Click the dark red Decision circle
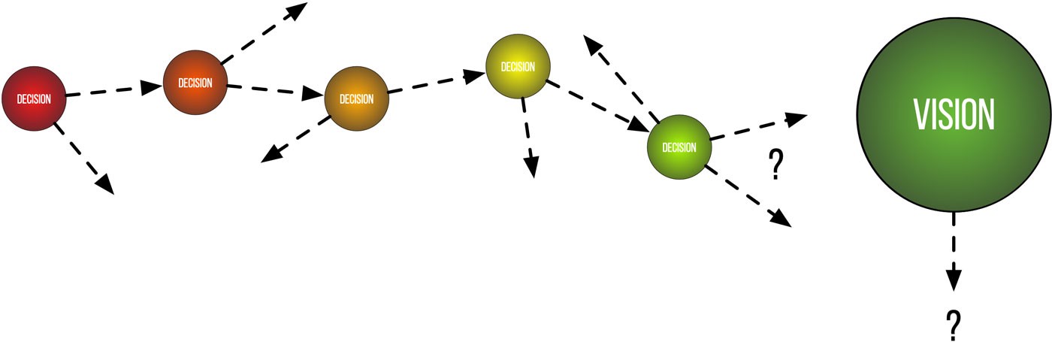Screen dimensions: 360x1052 [34, 98]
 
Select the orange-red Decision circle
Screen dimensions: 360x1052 [195, 83]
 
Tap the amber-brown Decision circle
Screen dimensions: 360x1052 [356, 98]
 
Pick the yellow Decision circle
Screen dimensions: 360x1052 [518, 67]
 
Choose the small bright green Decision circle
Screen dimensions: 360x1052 [679, 147]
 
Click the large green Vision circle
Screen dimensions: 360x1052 [954, 114]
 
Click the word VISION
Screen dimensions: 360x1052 [954, 114]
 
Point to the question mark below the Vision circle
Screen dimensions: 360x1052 [954, 326]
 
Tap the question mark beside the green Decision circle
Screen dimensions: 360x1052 [775, 165]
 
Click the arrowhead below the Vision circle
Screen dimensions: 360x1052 [954, 281]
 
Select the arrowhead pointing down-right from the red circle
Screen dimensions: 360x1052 [104, 184]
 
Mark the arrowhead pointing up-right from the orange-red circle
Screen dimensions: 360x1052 [298, 11]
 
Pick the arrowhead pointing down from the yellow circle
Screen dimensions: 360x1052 [531, 167]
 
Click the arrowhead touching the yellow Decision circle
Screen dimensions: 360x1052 [475, 75]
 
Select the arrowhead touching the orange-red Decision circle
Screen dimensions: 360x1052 [153, 86]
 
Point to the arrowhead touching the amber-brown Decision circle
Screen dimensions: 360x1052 [313, 95]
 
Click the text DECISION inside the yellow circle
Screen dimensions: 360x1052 [518, 67]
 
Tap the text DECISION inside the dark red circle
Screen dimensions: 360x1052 [34, 98]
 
